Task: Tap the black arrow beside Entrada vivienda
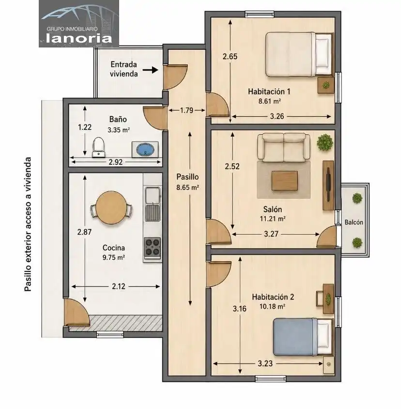(x=151, y=70)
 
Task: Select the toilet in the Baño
(x=99, y=147)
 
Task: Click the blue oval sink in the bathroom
(x=145, y=150)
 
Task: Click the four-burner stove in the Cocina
(x=153, y=247)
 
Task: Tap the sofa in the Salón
(x=284, y=147)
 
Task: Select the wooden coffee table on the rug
(x=284, y=180)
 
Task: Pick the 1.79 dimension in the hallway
(x=186, y=110)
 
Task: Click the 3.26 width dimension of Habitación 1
(x=277, y=116)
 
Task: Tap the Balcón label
(x=354, y=222)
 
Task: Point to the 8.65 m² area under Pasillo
(x=187, y=187)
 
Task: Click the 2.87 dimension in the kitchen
(x=84, y=232)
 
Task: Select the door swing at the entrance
(x=175, y=77)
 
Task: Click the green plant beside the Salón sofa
(x=325, y=142)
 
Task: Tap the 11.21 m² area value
(x=273, y=219)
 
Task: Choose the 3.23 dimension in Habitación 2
(x=265, y=363)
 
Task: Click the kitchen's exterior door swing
(x=77, y=313)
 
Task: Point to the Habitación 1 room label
(x=269, y=92)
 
